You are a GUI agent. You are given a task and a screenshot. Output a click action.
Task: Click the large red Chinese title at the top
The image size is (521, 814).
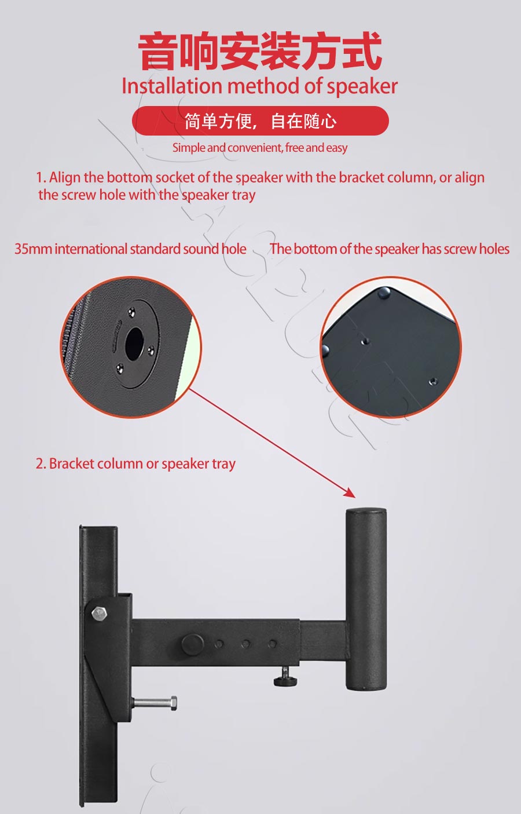point(260,51)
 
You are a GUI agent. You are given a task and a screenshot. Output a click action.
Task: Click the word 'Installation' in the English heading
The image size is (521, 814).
point(172,86)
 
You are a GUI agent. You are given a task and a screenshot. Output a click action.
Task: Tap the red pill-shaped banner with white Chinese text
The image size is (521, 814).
point(260,121)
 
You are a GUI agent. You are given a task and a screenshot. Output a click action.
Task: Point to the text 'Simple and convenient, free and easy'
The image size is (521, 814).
point(260,148)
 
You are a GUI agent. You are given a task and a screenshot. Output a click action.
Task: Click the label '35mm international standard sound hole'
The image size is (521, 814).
point(130,249)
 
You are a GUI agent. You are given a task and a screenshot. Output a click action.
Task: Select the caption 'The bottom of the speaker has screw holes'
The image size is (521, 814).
point(390,249)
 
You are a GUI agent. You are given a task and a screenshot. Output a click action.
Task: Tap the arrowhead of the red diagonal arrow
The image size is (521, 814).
point(350,492)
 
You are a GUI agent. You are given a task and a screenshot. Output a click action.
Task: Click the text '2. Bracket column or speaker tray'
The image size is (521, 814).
point(135,463)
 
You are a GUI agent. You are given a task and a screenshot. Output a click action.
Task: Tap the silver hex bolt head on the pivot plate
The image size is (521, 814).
point(99,613)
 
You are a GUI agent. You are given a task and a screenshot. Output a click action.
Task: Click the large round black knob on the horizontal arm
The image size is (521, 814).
point(192,644)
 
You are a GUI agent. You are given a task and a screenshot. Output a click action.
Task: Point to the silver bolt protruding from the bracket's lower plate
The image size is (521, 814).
point(155,703)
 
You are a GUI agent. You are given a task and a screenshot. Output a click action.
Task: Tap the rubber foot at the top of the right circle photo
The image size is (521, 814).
point(384,292)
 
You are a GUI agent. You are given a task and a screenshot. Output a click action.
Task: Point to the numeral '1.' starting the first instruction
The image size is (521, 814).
point(41,178)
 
